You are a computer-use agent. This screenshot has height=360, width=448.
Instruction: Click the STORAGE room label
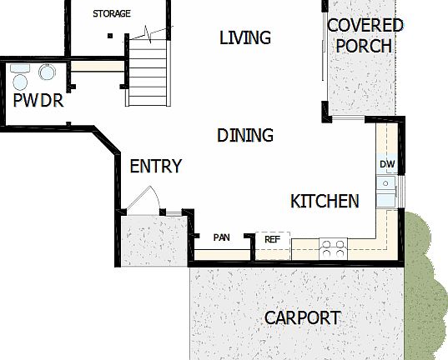[x=112, y=14]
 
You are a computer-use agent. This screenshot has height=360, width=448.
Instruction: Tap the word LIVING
[x=245, y=37]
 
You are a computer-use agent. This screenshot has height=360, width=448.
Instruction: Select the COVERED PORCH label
[x=365, y=35]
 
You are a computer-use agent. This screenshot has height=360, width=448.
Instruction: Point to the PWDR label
[x=38, y=102]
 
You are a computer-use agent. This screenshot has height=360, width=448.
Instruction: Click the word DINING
[x=245, y=135]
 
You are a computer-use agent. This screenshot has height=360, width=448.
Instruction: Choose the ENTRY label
[x=155, y=167]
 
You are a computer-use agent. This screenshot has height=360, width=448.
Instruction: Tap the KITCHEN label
[x=325, y=201]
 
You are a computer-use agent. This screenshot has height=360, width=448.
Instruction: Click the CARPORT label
[x=302, y=317]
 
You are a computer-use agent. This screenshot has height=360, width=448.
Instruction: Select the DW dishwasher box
[x=387, y=164]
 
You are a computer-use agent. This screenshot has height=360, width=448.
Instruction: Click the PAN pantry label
[x=221, y=238]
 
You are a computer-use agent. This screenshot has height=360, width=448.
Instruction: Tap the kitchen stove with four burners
[x=334, y=247]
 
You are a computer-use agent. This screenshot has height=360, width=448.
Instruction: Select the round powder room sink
[x=47, y=73]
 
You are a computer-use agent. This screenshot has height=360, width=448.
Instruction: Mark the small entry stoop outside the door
[x=153, y=241]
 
